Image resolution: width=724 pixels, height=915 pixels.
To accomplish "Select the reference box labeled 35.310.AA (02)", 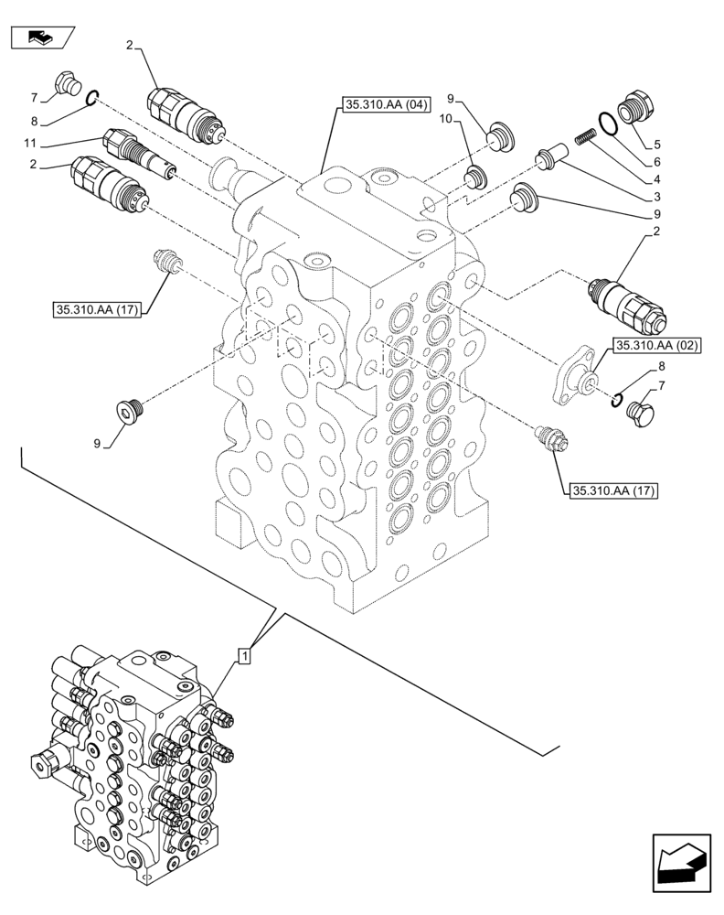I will pyautogui.click(x=656, y=345).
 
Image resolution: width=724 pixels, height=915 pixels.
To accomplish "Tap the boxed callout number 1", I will pyautogui.click(x=244, y=655).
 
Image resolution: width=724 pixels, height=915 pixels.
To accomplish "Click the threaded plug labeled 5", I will pyautogui.click(x=634, y=106).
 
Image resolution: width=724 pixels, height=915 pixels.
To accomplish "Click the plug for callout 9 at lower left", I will pyautogui.click(x=132, y=412).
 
